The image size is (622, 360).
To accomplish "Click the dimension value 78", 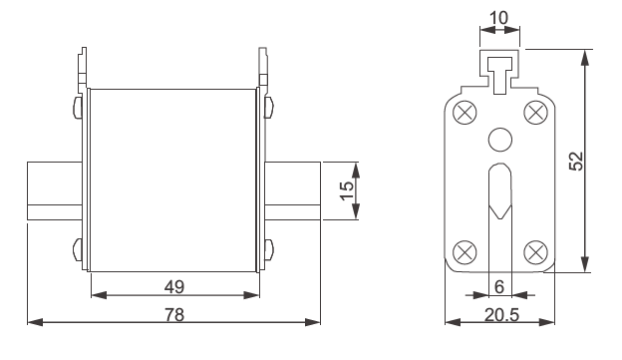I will click(x=173, y=312).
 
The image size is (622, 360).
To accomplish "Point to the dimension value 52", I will click(x=578, y=160).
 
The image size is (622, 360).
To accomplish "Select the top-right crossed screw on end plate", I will click(x=536, y=110).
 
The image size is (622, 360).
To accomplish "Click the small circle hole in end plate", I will click(x=499, y=139).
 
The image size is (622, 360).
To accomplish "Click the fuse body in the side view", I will click(x=173, y=180).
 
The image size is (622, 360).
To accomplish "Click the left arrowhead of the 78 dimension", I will click(x=33, y=322).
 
